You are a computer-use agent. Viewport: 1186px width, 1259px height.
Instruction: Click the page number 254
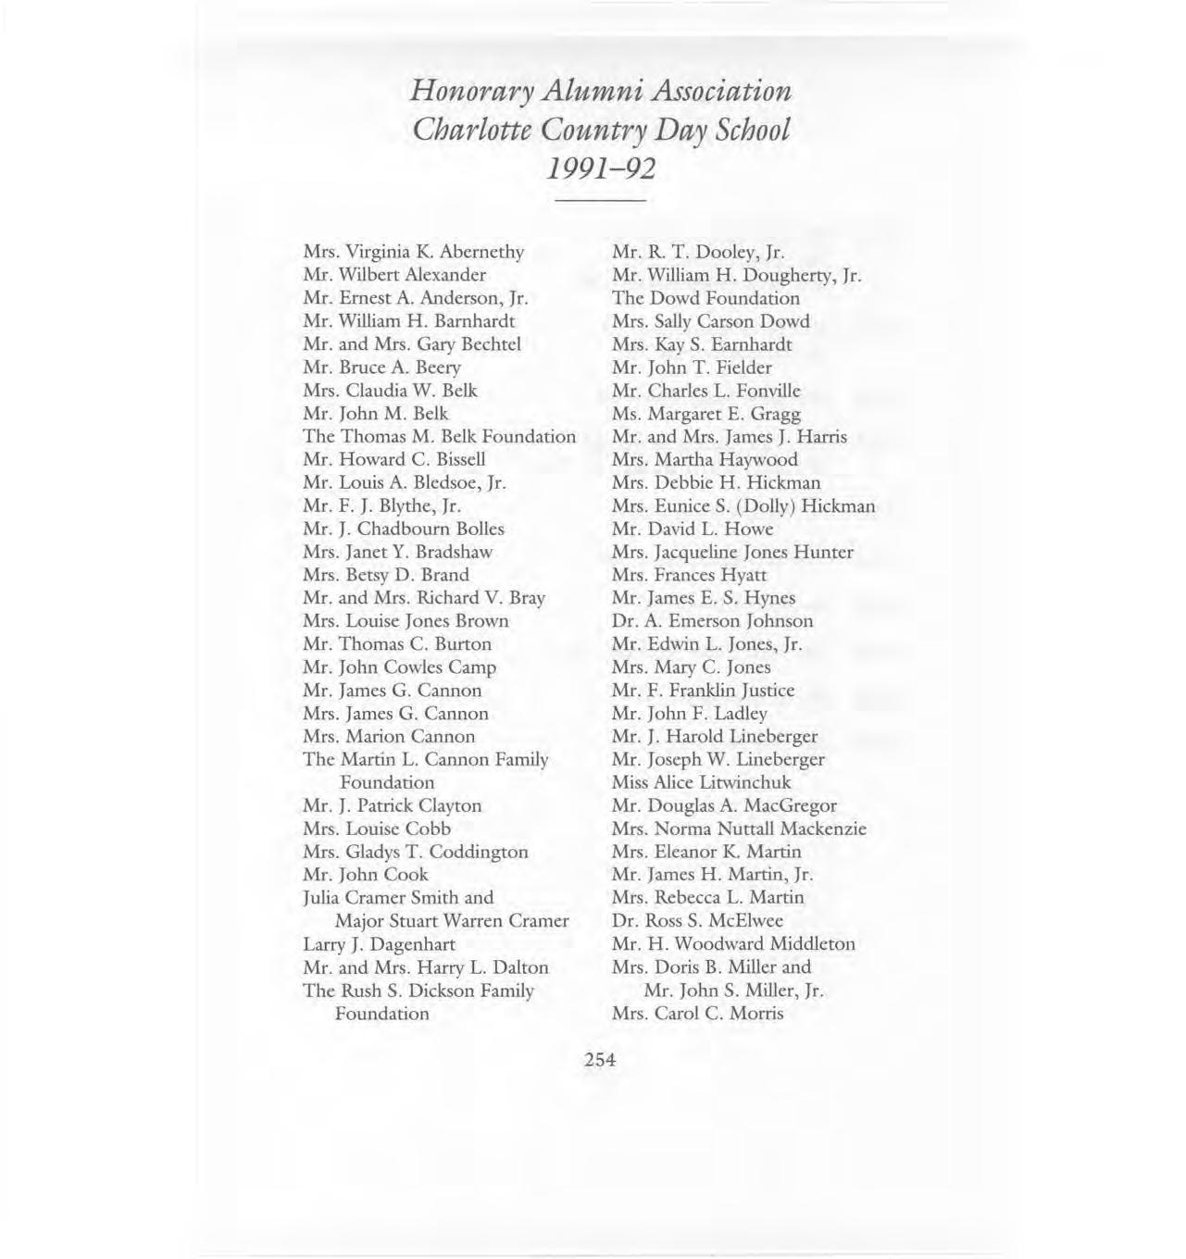click(600, 1060)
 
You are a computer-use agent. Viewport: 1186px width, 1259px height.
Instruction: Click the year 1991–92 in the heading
click(600, 169)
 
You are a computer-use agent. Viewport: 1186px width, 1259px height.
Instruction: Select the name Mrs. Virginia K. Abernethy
click(413, 252)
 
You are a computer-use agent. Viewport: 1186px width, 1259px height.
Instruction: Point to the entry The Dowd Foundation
click(705, 298)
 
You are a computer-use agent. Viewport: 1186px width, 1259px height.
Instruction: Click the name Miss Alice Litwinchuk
click(701, 782)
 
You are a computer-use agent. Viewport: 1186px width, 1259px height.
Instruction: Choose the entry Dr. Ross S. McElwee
click(697, 920)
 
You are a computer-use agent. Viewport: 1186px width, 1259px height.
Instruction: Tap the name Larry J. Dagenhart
click(379, 944)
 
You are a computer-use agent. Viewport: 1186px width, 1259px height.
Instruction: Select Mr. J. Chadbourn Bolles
click(403, 529)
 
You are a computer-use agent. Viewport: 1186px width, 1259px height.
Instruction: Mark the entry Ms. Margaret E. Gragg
click(705, 414)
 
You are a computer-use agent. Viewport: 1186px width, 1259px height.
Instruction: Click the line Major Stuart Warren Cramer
click(451, 921)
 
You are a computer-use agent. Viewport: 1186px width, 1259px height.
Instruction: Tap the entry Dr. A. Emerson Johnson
click(712, 621)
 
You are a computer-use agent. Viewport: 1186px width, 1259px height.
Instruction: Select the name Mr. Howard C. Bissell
click(393, 459)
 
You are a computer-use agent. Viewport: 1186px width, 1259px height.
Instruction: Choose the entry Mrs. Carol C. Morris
click(697, 1013)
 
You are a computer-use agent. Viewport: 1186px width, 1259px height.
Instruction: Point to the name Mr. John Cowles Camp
click(399, 667)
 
